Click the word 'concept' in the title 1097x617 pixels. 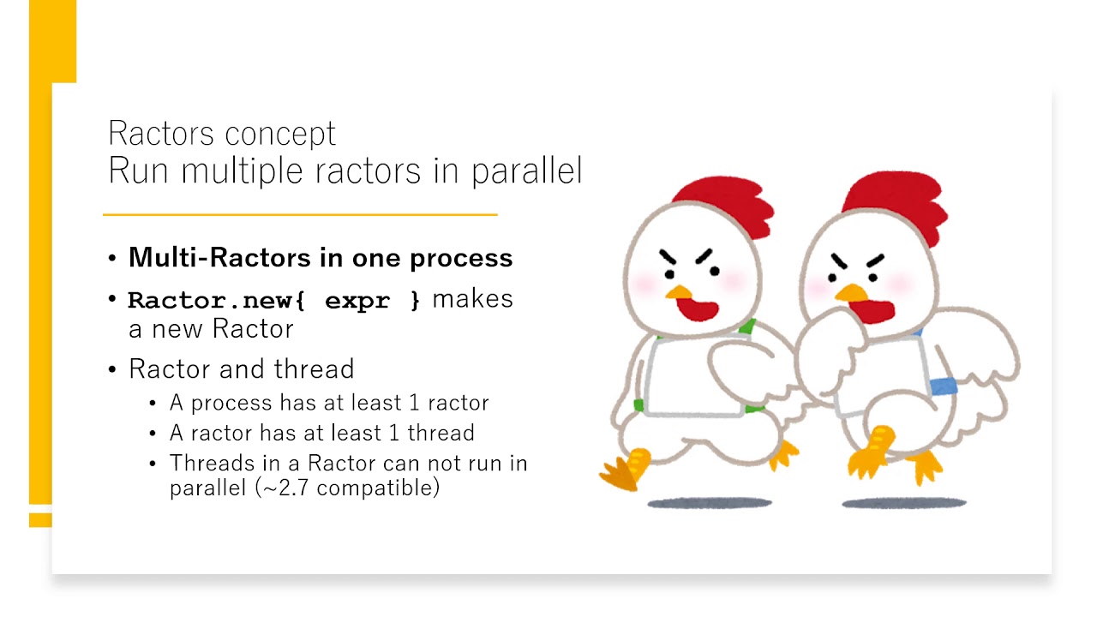[x=280, y=135]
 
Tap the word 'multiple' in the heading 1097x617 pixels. [x=242, y=171]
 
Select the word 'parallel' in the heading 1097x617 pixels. [x=527, y=171]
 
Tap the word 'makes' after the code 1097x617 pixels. [x=472, y=299]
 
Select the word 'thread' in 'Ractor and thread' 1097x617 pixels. [x=314, y=368]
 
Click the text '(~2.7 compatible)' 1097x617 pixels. [x=347, y=488]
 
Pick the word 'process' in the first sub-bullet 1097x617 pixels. [x=231, y=404]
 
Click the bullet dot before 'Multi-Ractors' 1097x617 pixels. [x=112, y=258]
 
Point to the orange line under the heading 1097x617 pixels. [x=300, y=214]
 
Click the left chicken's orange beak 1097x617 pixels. [x=679, y=292]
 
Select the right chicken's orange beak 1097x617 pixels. [x=852, y=293]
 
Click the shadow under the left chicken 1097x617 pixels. [x=710, y=503]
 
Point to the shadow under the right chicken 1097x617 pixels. [x=904, y=503]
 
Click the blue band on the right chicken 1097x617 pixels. [x=944, y=386]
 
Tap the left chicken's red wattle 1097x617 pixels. [x=698, y=308]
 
